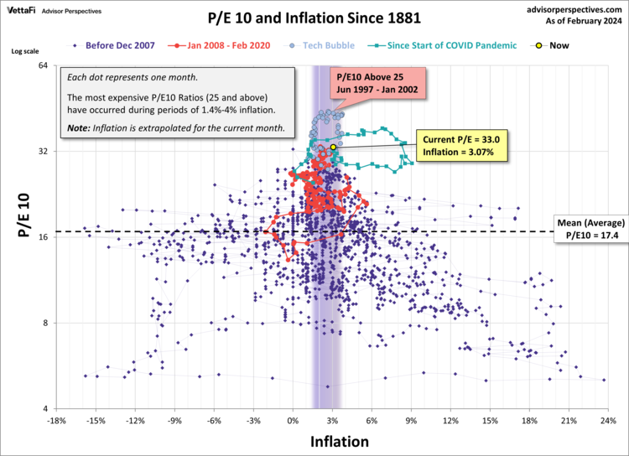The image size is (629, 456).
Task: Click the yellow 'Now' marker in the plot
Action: tap(333, 147)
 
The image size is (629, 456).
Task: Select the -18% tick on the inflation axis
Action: tap(56, 421)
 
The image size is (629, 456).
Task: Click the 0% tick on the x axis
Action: tap(293, 421)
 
